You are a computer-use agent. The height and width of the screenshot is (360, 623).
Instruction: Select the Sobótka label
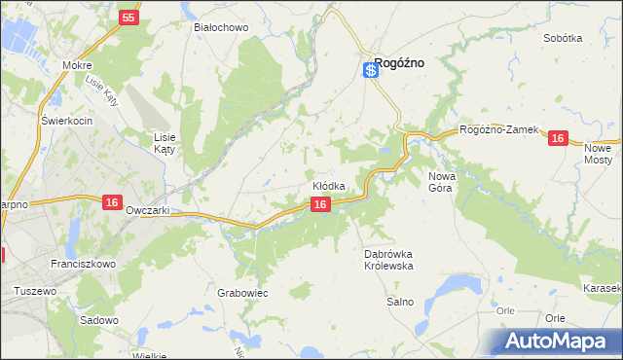564,38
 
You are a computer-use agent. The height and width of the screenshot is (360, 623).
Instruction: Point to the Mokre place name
76,66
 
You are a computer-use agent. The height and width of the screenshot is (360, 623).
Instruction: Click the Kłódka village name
329,186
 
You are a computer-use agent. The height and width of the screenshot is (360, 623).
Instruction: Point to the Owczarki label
148,210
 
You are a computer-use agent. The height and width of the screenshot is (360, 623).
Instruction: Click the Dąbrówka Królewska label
389,259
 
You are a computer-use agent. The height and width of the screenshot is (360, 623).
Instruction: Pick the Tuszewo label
34,291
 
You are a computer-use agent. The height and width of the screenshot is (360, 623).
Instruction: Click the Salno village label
400,302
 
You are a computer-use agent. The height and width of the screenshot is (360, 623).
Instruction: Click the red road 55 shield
129,18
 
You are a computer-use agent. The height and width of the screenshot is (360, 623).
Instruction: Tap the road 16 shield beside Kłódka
320,204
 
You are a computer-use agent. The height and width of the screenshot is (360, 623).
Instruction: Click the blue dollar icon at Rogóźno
370,69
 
